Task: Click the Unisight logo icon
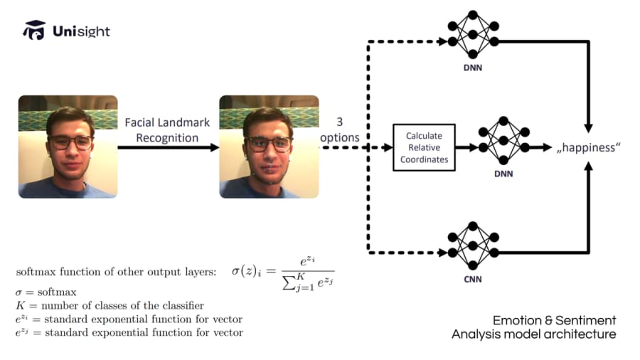pyautogui.click(x=34, y=30)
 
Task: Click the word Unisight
pyautogui.click(x=81, y=31)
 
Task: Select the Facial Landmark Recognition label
pyautogui.click(x=167, y=130)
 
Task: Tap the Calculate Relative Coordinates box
pyautogui.click(x=424, y=147)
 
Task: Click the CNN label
pyautogui.click(x=473, y=279)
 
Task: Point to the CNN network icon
pyautogui.click(x=473, y=245)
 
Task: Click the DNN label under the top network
pyautogui.click(x=473, y=68)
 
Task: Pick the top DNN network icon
pyautogui.click(x=473, y=34)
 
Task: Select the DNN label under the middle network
pyautogui.click(x=503, y=174)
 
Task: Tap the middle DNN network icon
pyautogui.click(x=503, y=140)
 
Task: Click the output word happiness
pyautogui.click(x=588, y=147)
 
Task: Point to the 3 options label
pyautogui.click(x=340, y=129)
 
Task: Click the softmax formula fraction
pyautogui.click(x=308, y=273)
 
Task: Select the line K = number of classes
pyautogui.click(x=110, y=305)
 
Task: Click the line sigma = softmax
pyautogui.click(x=46, y=292)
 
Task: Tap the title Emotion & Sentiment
pyautogui.click(x=554, y=320)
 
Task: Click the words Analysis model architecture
pyautogui.click(x=534, y=334)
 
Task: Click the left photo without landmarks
pyautogui.click(x=68, y=147)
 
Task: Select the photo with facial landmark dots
pyautogui.click(x=269, y=147)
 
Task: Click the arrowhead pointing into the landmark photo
pyautogui.click(x=215, y=147)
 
